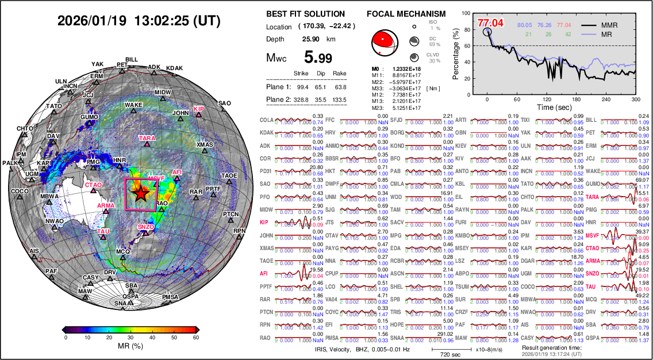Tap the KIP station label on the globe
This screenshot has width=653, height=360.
199,109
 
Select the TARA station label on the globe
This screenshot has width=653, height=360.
147,139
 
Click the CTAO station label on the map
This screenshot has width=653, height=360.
93,185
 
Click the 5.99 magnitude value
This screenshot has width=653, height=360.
318,57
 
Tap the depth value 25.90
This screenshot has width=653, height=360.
311,39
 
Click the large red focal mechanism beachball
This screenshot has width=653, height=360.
385,41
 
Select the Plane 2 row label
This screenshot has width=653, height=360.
279,99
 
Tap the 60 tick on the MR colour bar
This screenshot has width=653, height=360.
195,338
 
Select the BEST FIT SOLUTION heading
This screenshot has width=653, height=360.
306,14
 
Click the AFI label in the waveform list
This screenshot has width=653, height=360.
264,274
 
